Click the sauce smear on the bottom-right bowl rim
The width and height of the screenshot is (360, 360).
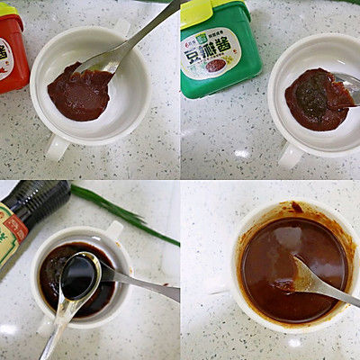tap(297, 208)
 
